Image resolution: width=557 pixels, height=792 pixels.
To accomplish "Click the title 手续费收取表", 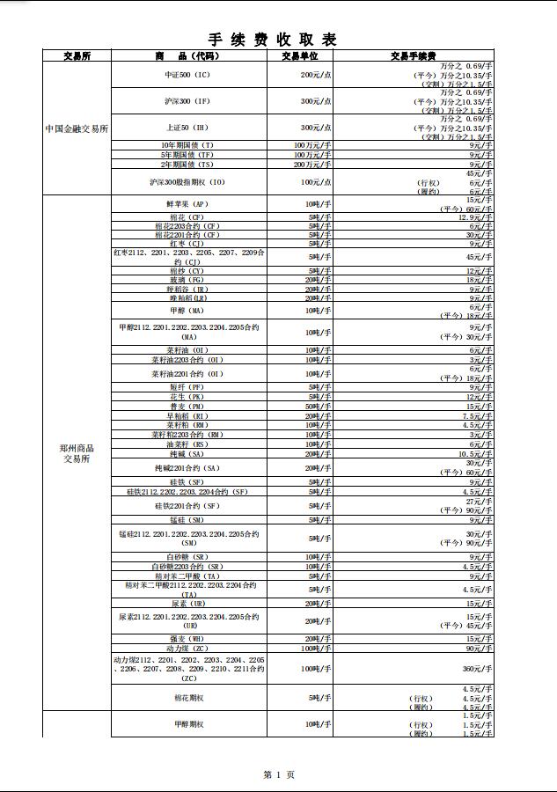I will point(272,40).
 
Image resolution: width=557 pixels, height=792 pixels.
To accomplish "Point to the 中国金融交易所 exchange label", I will point(77,128).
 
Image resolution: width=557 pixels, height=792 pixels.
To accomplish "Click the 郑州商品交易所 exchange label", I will point(77,453).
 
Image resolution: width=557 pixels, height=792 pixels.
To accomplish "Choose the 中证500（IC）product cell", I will point(188,76).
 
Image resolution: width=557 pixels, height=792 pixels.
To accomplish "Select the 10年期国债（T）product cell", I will point(188,145).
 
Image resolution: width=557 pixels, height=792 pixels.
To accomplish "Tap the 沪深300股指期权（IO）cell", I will point(188,182).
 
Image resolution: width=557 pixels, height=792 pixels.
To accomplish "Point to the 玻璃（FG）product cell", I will point(188,280).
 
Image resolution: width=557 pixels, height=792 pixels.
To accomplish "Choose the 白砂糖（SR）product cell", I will point(188,557).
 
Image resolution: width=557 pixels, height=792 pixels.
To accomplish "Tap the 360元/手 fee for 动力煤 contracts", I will point(476,669).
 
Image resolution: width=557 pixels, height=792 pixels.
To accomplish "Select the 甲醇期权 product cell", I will point(188,724).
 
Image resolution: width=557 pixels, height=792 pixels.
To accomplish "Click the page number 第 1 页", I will point(278,774).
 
